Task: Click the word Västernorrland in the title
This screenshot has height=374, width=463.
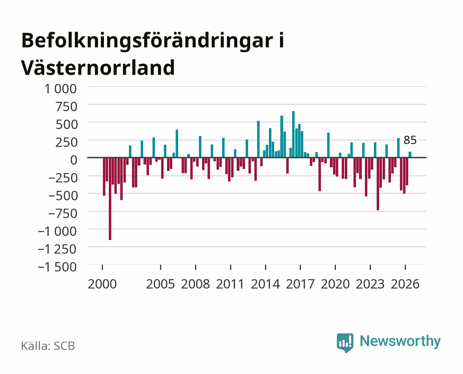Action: click(x=98, y=68)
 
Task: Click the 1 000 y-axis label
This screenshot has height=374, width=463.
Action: click(x=60, y=89)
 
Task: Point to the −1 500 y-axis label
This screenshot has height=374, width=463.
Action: click(x=57, y=267)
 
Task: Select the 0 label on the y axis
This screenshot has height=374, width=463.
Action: click(x=74, y=160)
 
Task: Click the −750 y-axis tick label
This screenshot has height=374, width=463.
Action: click(x=63, y=214)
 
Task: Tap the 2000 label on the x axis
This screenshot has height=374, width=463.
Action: click(x=102, y=284)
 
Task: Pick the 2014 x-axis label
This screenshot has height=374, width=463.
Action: click(x=265, y=284)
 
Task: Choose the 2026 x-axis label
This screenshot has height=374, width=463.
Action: click(x=405, y=284)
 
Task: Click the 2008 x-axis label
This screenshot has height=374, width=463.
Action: click(x=195, y=284)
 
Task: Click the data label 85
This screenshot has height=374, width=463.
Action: click(x=410, y=140)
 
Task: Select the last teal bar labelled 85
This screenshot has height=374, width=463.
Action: click(x=410, y=154)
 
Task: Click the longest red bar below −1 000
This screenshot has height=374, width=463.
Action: click(x=110, y=198)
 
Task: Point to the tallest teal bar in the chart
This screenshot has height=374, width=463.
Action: click(x=293, y=134)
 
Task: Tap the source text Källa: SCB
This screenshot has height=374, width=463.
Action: click(x=48, y=346)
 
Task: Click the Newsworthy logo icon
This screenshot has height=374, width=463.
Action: click(x=345, y=343)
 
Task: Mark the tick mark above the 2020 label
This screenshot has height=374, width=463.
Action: click(x=335, y=267)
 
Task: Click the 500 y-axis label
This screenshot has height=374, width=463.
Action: click(x=67, y=124)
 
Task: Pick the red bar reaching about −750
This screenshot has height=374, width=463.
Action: click(x=378, y=184)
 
